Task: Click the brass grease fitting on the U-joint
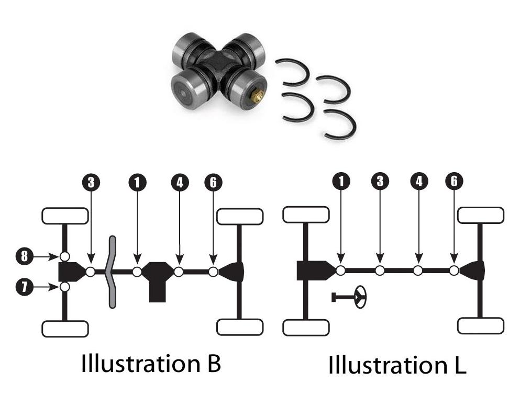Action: coord(257,96)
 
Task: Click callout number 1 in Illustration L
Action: coord(341,181)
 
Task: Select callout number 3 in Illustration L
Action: coord(380,181)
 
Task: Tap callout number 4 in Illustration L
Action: coord(418,181)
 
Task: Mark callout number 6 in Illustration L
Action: coord(454,181)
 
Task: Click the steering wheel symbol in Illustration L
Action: coord(360,297)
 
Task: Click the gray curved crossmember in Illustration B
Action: coord(112,272)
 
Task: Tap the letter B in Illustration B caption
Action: coord(213,363)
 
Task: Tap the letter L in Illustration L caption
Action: coord(459,365)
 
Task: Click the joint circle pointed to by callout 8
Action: coord(64,256)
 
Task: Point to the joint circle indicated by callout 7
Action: coord(64,287)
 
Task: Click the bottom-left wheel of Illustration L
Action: coord(305,328)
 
